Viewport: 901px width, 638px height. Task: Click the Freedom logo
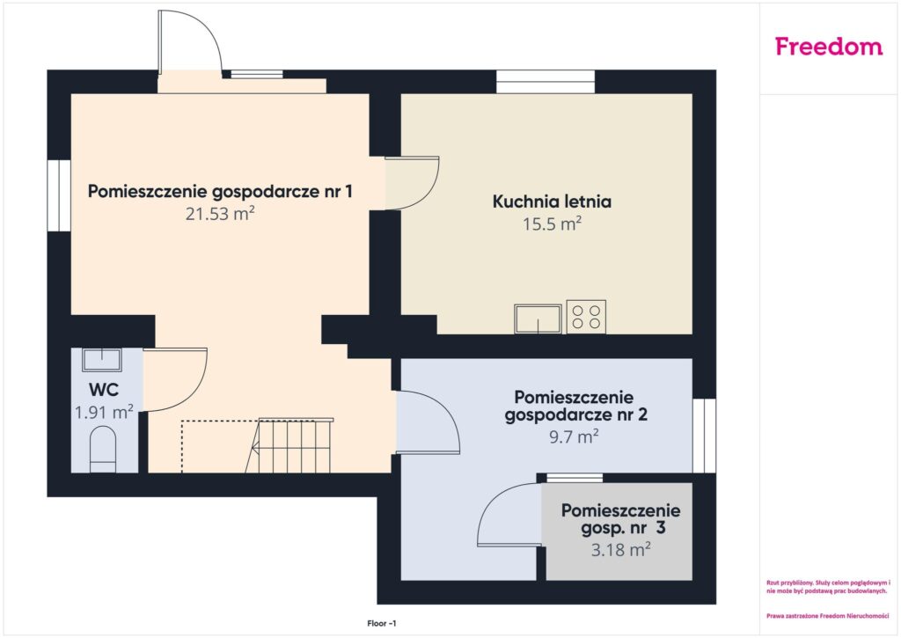click(x=829, y=46)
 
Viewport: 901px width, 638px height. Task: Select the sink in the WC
click(x=102, y=360)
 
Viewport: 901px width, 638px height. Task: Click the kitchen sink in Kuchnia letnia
click(x=538, y=319)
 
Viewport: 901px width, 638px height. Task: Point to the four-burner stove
click(x=586, y=317)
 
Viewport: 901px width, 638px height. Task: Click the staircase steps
click(x=291, y=446)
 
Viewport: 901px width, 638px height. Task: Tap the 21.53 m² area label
click(x=220, y=214)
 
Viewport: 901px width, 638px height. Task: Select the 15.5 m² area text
click(x=553, y=224)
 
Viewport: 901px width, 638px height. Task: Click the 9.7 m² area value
click(x=574, y=436)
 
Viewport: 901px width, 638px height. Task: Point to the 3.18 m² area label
click(x=621, y=549)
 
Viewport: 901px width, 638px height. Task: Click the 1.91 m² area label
click(x=104, y=412)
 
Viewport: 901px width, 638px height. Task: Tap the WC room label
click(x=104, y=390)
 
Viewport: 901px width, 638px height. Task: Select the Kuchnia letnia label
click(x=553, y=202)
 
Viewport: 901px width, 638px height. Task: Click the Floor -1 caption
click(x=382, y=624)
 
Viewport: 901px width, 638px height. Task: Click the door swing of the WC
click(x=195, y=391)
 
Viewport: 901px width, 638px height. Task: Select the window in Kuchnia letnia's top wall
click(x=546, y=82)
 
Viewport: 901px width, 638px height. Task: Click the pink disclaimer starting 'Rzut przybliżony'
click(x=827, y=587)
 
